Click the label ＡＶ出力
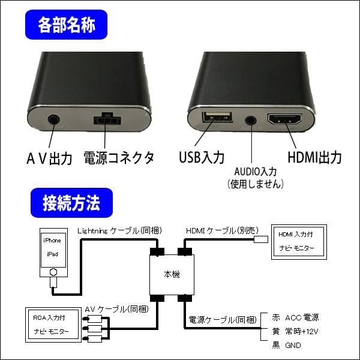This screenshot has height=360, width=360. (49, 158)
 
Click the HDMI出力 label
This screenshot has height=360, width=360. (314, 158)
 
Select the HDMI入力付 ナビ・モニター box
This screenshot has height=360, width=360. (298, 241)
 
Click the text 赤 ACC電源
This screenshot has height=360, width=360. (295, 317)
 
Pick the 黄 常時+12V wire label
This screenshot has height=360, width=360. (295, 331)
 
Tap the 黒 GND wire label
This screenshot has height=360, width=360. (286, 346)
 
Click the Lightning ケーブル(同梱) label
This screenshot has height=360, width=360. (117, 230)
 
